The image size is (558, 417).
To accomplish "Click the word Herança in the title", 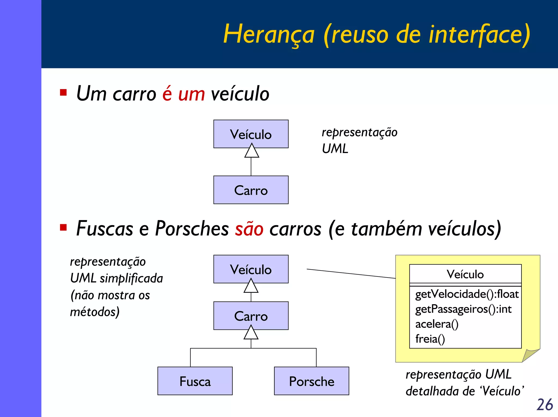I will (269, 34).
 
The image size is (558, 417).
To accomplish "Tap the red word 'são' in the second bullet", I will (249, 229).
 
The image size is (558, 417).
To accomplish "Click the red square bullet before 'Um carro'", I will (63, 93).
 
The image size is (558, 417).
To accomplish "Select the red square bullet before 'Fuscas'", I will (63, 227).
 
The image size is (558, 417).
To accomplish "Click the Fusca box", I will (195, 381).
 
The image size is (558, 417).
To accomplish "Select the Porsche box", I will (311, 381).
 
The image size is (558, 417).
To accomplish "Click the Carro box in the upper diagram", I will (251, 190).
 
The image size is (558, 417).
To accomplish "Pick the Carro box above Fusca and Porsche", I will (251, 316).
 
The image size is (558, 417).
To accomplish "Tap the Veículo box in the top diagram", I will (251, 134).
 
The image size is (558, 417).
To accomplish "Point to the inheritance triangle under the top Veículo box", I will (251, 151).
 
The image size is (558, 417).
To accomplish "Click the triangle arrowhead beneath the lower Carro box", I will (251, 333).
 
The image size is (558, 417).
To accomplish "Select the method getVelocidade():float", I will (466, 294).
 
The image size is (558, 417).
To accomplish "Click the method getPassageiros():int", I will (463, 309).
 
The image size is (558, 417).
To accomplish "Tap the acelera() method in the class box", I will (437, 324).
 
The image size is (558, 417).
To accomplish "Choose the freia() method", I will (430, 339).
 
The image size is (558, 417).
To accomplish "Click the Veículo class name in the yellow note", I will (465, 274).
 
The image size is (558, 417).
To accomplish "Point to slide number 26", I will (544, 404).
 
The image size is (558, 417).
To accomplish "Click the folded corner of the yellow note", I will (530, 355).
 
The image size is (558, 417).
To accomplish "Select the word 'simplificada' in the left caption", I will (131, 278).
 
